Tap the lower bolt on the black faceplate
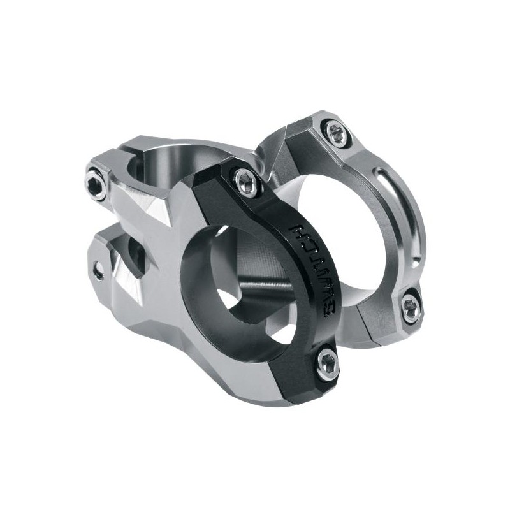[328, 362]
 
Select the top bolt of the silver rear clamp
[335, 133]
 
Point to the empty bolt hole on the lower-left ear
[98, 271]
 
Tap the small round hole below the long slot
[416, 262]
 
